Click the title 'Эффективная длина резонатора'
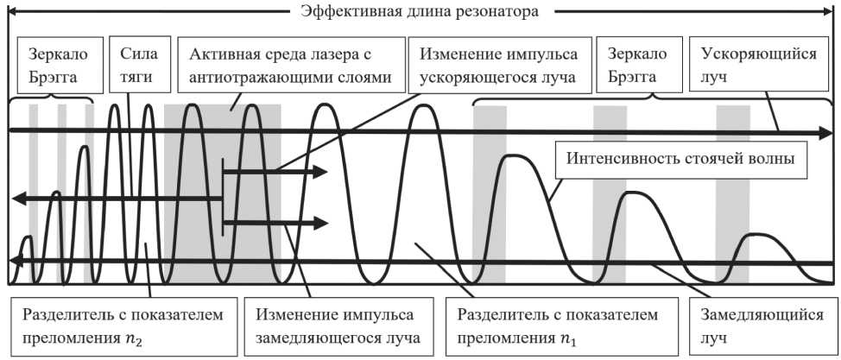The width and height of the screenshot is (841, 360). pos(420,12)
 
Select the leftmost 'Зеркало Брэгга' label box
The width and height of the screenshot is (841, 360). pos(56,65)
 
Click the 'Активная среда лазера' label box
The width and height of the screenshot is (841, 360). pos(291,65)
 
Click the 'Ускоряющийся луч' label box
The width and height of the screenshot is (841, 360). pos(760,65)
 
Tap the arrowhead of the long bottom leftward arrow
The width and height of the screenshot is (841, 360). pos(13,262)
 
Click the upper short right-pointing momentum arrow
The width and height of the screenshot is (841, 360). pos(276,171)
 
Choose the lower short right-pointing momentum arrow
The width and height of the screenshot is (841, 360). pos(276,224)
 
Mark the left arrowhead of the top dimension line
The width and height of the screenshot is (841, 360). pos(11,12)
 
